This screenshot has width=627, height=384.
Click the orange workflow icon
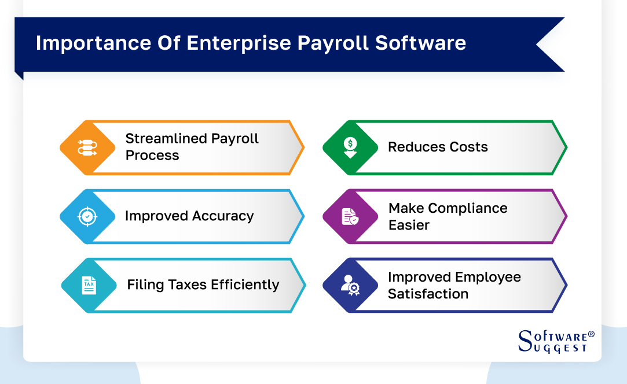click(87, 147)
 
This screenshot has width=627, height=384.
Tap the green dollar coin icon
click(350, 147)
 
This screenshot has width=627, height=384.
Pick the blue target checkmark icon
click(87, 216)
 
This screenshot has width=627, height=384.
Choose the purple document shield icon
click(350, 216)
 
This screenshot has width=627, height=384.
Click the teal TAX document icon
click(89, 285)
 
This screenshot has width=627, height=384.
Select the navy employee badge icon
click(350, 285)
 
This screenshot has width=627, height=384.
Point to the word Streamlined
click(166, 139)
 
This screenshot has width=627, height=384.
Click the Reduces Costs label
click(438, 147)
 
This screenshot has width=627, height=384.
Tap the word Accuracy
click(223, 216)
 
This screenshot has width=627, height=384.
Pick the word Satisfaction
click(428, 294)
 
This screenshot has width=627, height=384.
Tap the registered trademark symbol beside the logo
click(591, 334)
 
